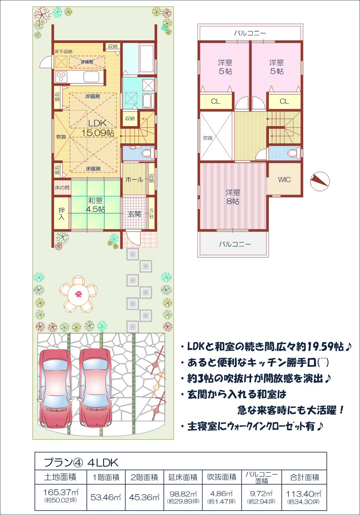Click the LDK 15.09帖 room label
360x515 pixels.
[x=98, y=128]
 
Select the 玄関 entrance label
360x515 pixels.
[x=135, y=214]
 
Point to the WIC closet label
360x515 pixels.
[x=284, y=180]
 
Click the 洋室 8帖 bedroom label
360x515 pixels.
[x=233, y=197]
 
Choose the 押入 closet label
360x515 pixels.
[x=61, y=213]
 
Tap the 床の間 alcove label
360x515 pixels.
[x=62, y=187]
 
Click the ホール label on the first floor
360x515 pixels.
[x=135, y=180]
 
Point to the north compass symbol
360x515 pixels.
[x=320, y=181]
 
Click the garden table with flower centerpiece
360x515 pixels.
[x=78, y=294]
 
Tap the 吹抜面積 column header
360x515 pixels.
[x=222, y=477]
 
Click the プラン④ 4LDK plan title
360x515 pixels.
[x=81, y=462]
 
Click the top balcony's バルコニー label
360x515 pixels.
[x=250, y=33]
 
